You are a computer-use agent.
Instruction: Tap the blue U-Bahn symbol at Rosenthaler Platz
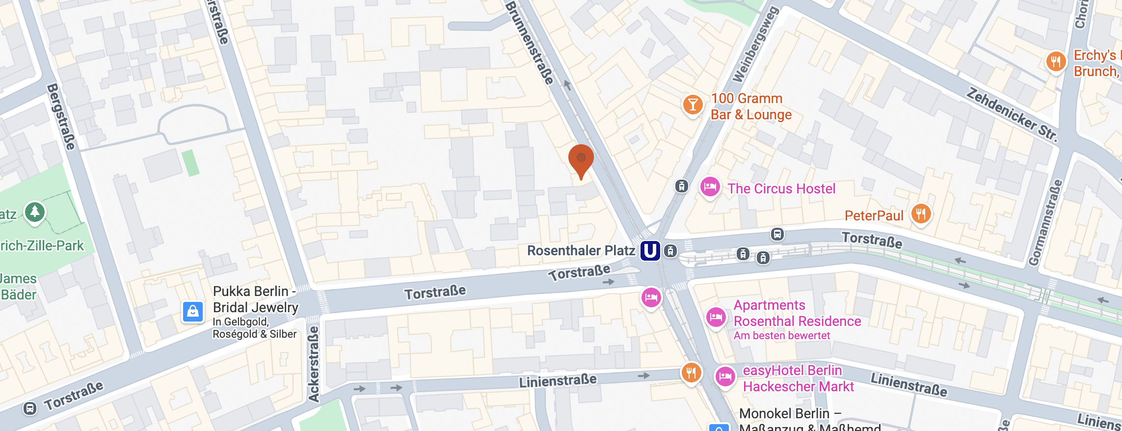click(x=650, y=251)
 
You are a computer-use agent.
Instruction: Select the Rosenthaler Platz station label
click(x=581, y=251)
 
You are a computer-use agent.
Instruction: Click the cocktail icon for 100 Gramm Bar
click(x=693, y=105)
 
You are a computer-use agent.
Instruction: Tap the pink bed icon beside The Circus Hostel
click(x=710, y=187)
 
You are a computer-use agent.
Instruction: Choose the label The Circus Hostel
click(x=781, y=189)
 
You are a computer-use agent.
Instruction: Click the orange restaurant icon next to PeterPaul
click(x=921, y=214)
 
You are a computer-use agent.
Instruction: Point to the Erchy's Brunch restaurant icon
click(x=1055, y=62)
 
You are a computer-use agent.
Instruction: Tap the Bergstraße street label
click(x=62, y=117)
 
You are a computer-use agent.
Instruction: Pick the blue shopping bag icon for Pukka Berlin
click(x=193, y=312)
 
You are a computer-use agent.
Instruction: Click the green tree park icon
click(x=35, y=212)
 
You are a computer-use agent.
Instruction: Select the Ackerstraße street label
click(x=313, y=363)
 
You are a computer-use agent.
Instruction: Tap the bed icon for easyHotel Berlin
click(x=725, y=377)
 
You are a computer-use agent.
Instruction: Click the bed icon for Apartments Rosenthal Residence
click(x=716, y=317)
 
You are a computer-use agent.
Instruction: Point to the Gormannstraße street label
click(x=1045, y=223)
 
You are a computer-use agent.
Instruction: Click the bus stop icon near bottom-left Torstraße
click(x=30, y=408)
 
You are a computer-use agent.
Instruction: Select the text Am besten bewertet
click(x=781, y=336)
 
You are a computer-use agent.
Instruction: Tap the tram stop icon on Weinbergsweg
click(x=681, y=186)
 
